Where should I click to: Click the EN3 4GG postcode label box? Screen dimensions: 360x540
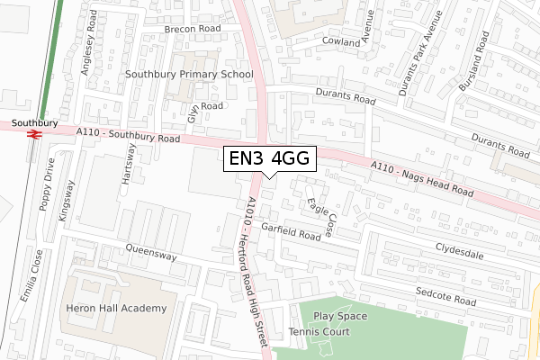268,158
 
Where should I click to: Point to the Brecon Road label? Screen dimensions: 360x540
192,29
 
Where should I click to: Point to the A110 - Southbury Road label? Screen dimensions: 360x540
129,136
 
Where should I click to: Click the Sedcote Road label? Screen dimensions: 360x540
444,295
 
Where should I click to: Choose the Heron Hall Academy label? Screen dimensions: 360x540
117,309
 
